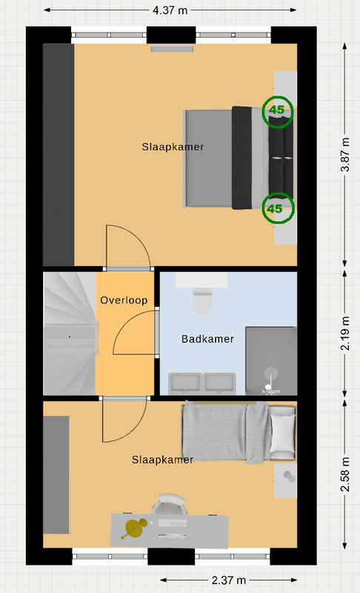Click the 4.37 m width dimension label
170,10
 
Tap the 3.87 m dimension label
345,155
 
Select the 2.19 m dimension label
345,333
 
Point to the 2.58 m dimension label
345,474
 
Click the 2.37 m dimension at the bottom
229,580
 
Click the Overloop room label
124,300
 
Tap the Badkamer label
207,339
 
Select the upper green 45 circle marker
278,112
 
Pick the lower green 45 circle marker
279,208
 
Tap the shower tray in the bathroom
271,361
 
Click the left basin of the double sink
184,383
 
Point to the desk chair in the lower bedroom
172,504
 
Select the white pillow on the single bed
283,433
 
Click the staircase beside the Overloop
70,334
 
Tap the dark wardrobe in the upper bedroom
59,155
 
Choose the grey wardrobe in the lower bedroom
56,475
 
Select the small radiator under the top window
173,48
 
